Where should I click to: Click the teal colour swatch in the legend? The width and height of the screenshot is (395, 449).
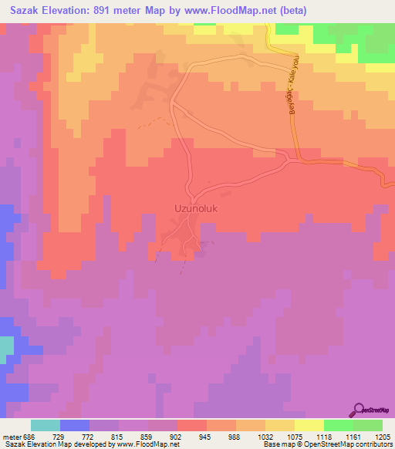[45, 426]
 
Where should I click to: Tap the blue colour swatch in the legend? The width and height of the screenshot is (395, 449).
[74, 426]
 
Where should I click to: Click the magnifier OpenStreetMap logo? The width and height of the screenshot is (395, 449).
[360, 409]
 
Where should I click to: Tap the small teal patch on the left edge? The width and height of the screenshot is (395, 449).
[6, 349]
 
